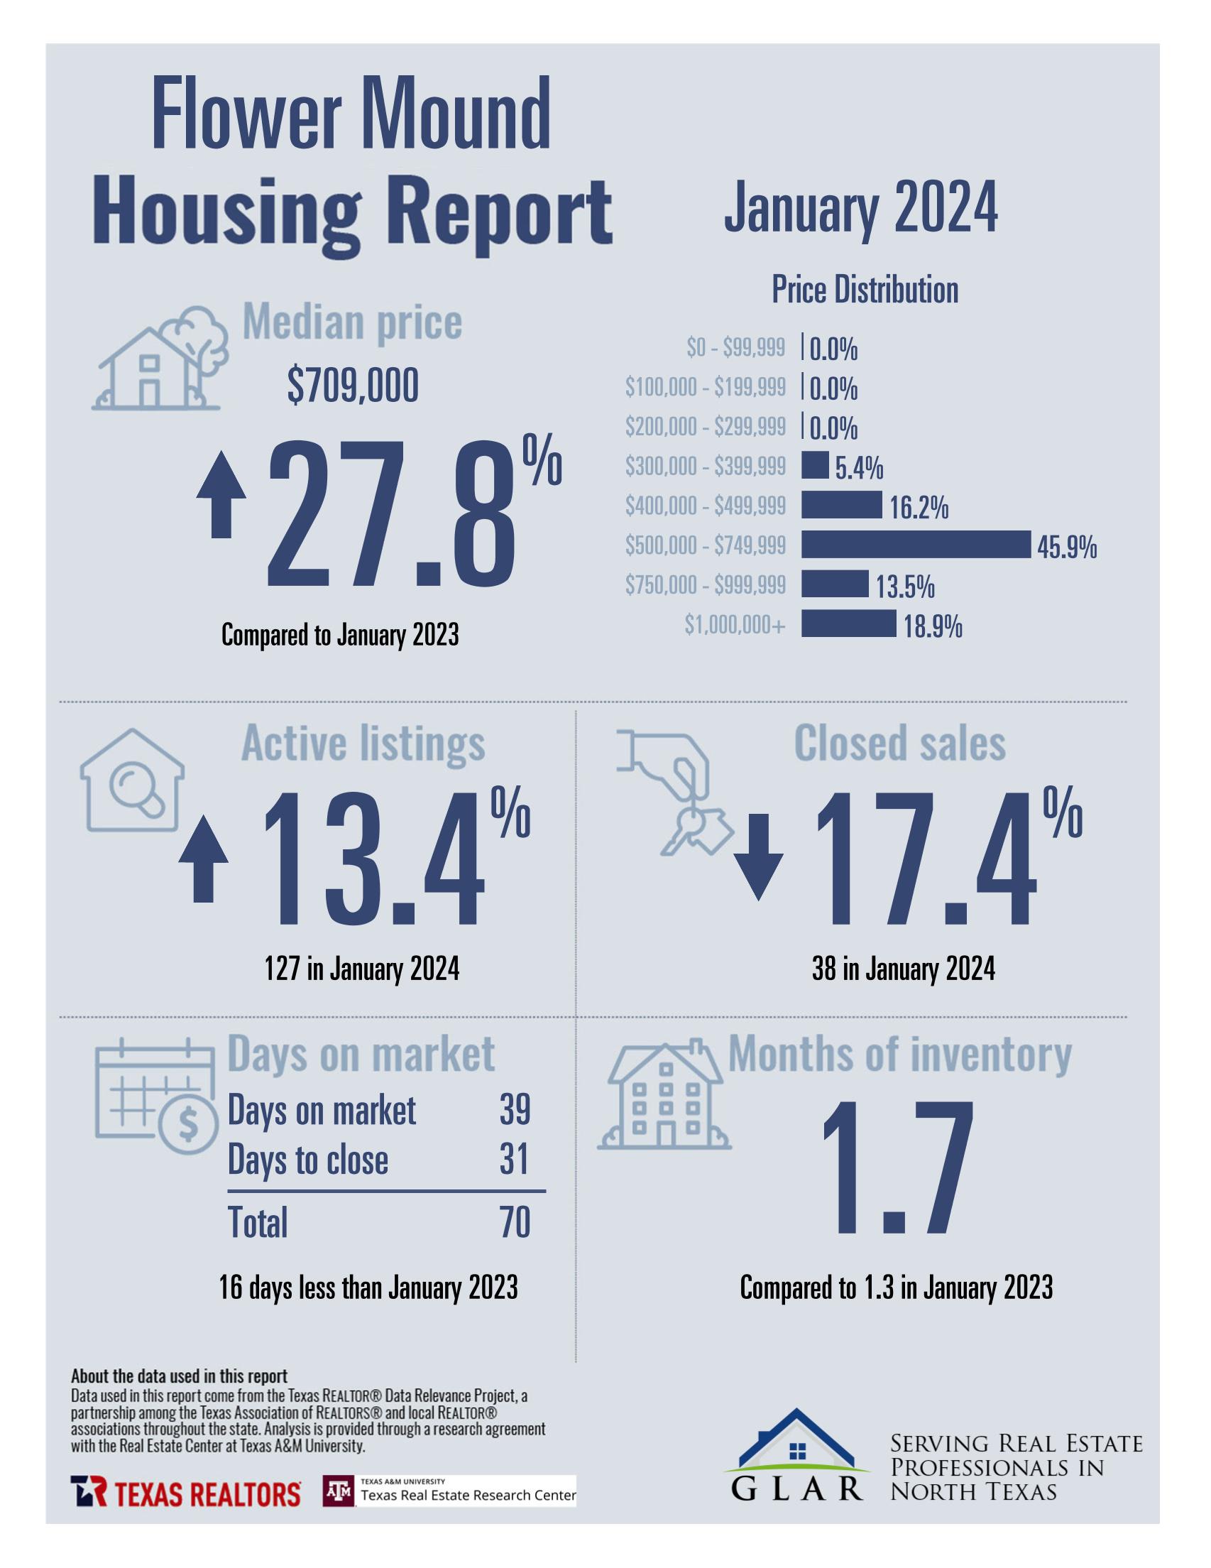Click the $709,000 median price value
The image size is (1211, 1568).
(353, 386)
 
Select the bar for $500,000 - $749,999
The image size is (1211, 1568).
(915, 545)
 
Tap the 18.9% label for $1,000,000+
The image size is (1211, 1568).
(933, 628)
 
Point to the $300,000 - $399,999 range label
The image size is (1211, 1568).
(705, 467)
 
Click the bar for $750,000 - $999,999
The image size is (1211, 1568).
(834, 584)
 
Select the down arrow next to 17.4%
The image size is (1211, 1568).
(758, 856)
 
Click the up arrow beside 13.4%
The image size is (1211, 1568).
(203, 858)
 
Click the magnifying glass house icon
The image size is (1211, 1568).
(132, 781)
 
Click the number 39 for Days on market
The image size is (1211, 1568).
(514, 1111)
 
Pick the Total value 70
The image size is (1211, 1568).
(515, 1222)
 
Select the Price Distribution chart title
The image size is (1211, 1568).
(865, 290)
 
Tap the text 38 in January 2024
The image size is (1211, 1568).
(903, 969)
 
